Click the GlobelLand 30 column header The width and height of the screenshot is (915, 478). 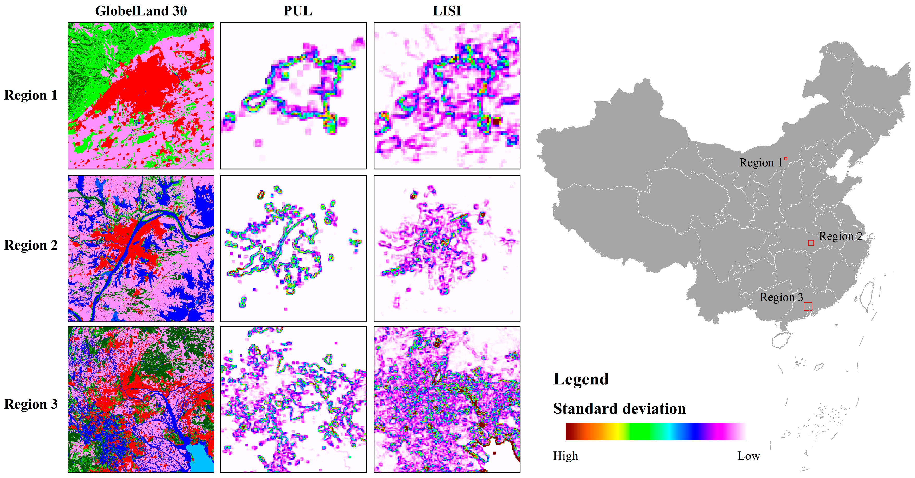141,11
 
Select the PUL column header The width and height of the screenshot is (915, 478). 298,11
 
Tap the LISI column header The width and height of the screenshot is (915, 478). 447,11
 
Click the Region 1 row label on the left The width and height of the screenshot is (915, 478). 31,95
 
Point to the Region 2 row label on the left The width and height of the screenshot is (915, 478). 31,245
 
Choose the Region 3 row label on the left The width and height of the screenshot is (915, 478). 31,404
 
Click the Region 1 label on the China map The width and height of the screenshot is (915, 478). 760,162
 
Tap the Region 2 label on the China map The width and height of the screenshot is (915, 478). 840,236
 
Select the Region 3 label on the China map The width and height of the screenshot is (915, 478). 781,297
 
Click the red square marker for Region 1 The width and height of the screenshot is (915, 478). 786,159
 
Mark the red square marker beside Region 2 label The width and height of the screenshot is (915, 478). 811,243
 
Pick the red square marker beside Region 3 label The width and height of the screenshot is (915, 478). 808,306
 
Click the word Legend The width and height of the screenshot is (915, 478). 581,379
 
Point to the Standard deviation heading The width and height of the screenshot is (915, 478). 619,409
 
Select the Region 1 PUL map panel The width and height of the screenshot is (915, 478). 293,96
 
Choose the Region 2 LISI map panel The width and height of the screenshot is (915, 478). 447,248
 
